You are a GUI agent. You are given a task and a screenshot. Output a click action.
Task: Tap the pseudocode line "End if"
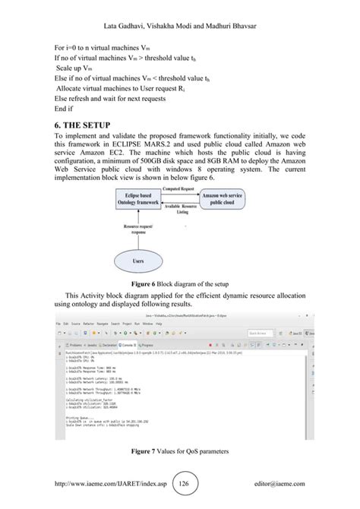pyautogui.click(x=65, y=109)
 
